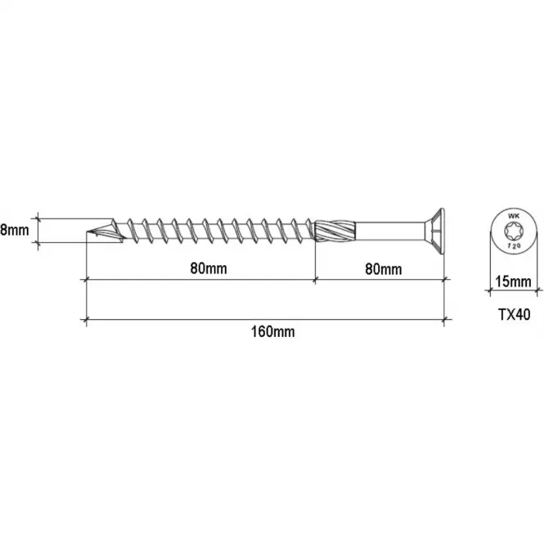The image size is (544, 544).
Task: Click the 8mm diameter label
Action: (x=14, y=230)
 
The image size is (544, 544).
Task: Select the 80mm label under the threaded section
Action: (x=209, y=268)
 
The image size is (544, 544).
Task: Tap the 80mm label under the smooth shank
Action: (x=384, y=269)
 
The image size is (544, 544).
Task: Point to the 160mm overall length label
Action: (x=273, y=331)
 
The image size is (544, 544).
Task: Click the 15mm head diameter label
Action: (x=513, y=281)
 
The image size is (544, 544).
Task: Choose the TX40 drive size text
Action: (x=515, y=314)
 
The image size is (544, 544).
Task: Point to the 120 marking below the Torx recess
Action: (x=514, y=245)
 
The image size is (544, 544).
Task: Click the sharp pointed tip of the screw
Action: (x=87, y=232)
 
